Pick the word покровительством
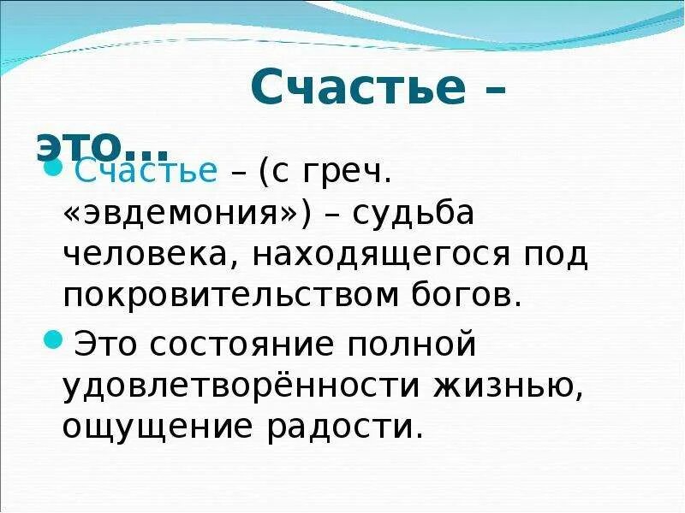pos(224,295)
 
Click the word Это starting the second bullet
pos(110,345)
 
